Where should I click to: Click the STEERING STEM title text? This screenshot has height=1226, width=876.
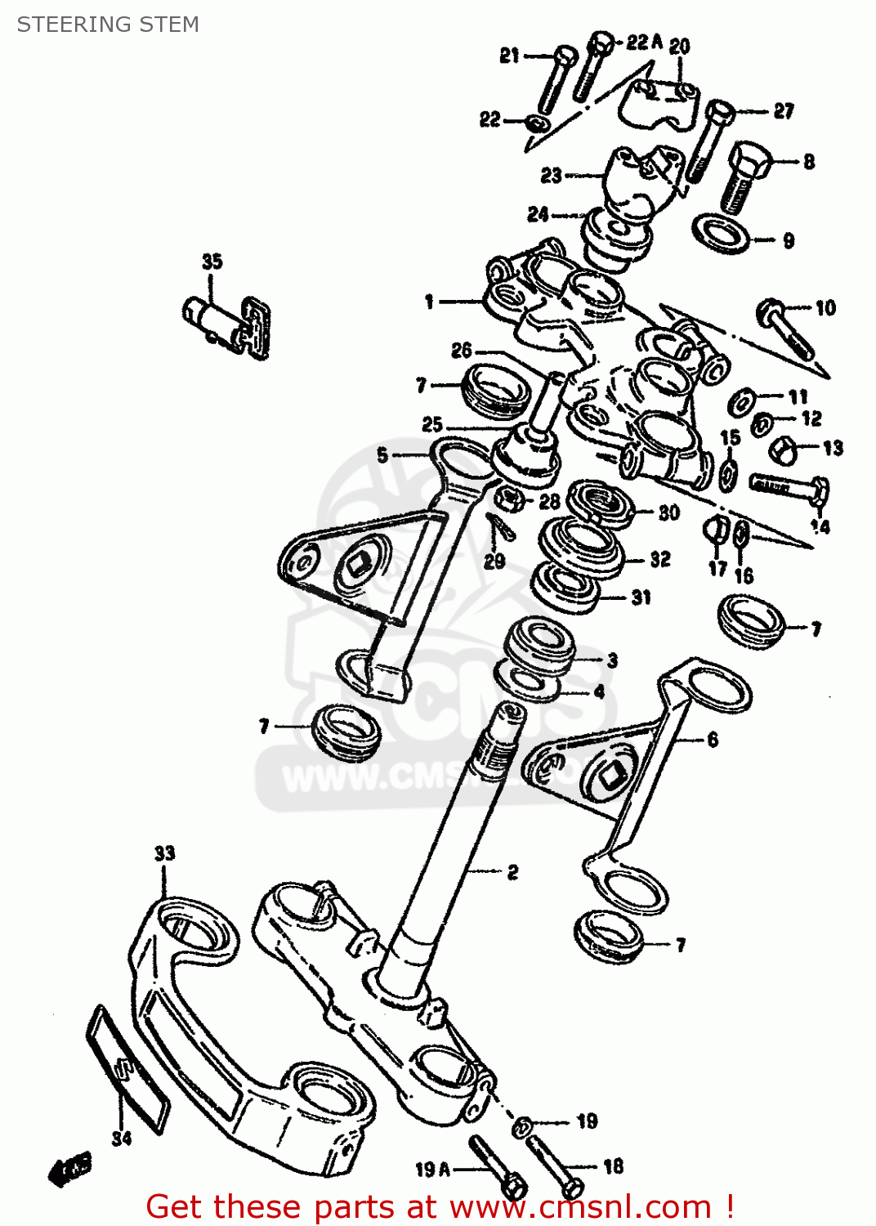108,25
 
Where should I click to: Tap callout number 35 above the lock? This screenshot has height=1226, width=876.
212,262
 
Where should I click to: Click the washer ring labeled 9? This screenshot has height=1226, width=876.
721,235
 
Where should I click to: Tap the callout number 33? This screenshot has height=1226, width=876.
165,853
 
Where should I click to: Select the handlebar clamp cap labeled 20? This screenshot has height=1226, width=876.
659,102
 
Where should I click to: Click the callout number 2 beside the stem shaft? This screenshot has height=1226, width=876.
512,872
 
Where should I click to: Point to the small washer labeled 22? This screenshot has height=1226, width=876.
537,123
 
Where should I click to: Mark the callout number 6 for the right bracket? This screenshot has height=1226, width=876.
713,740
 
